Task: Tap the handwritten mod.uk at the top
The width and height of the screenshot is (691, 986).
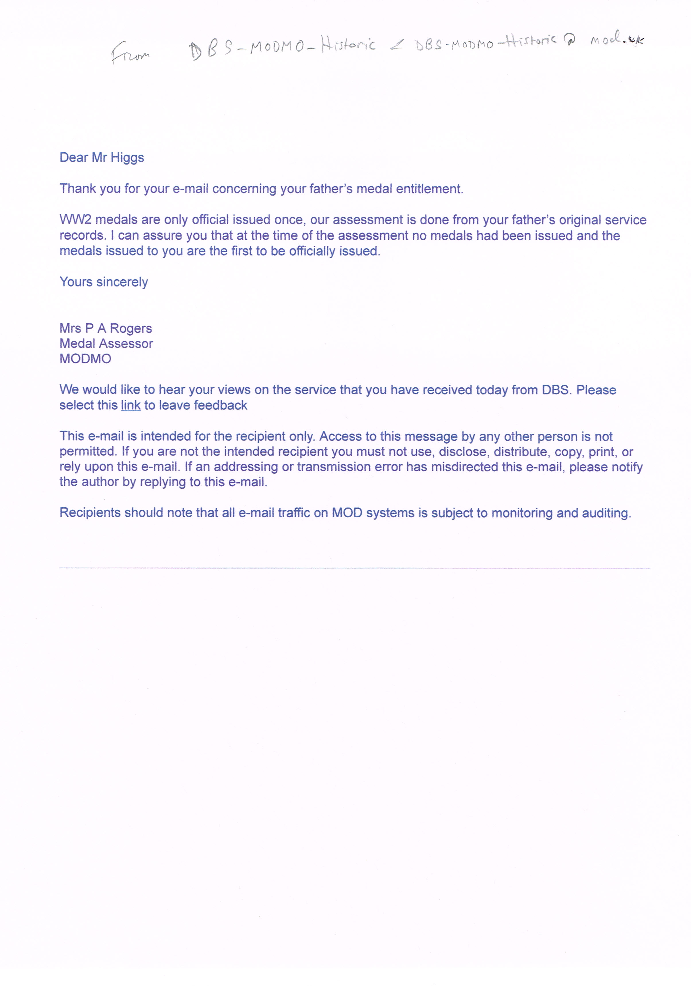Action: (616, 40)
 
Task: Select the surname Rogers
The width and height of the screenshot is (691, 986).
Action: (131, 329)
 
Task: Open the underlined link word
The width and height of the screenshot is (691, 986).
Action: (131, 405)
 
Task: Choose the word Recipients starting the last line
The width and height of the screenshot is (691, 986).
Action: (90, 513)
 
